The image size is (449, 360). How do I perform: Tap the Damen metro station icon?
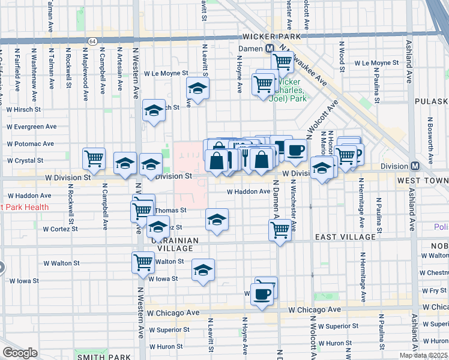tap(270, 48)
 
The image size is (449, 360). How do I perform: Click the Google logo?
tap(20, 353)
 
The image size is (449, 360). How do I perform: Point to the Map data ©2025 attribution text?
tap(423, 355)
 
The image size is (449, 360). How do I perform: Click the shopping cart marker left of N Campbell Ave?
tap(94, 159)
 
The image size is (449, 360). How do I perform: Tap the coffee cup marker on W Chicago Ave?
tap(262, 295)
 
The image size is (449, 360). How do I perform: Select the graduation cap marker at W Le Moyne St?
tap(197, 89)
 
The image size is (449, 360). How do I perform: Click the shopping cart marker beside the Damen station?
tap(282, 61)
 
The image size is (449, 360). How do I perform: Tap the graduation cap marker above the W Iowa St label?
tap(203, 270)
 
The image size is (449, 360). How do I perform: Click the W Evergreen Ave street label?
tap(31, 127)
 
